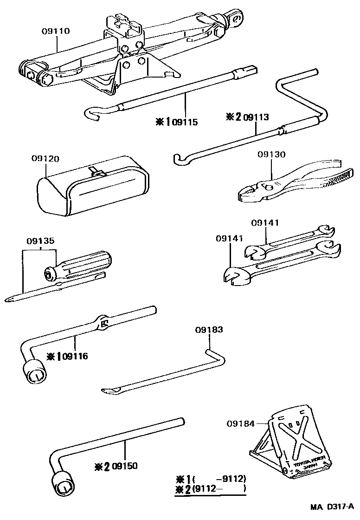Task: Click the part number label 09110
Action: pyautogui.click(x=55, y=31)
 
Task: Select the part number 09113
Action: pyautogui.click(x=256, y=117)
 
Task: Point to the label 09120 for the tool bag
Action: pyautogui.click(x=45, y=158)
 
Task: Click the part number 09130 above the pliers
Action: pyautogui.click(x=272, y=155)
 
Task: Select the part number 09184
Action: pyautogui.click(x=241, y=423)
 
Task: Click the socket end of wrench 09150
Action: pyautogui.click(x=64, y=486)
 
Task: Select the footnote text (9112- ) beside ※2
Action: pyautogui.click(x=219, y=488)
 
